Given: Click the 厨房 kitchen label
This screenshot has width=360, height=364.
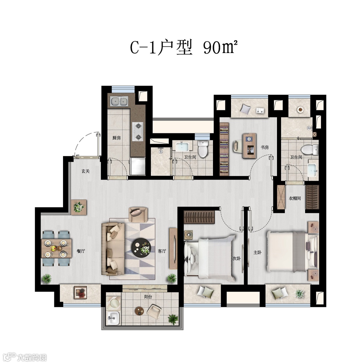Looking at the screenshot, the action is (116, 138).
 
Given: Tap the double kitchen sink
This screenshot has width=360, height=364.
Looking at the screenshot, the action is (119, 101).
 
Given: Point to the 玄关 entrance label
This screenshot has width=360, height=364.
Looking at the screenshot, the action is (85, 171).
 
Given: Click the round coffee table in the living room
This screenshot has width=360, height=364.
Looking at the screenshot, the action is (141, 248).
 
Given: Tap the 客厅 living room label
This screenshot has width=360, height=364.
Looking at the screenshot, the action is (162, 251).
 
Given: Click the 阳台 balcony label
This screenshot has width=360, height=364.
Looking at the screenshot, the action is (148, 297).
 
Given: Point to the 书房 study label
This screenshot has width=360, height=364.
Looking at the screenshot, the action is (264, 147).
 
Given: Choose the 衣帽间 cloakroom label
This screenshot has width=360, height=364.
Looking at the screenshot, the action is (295, 198).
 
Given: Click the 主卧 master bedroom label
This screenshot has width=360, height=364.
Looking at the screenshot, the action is (257, 252).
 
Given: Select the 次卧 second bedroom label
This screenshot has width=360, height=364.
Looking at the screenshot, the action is (236, 258).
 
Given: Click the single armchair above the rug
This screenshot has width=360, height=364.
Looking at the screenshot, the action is (138, 214).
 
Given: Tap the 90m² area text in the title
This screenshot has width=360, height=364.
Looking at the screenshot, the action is (221, 47).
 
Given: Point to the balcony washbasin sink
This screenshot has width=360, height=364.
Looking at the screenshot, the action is (113, 318).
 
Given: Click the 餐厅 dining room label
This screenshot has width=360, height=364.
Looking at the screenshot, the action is (81, 251).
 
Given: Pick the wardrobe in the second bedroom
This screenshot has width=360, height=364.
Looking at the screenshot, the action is (199, 217).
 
